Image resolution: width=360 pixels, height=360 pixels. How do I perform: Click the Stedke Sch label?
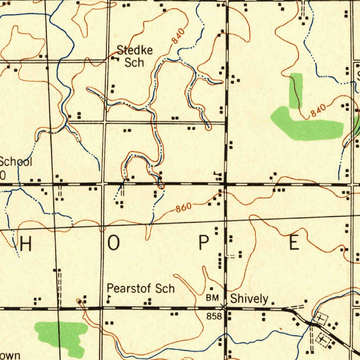[x=135, y=56]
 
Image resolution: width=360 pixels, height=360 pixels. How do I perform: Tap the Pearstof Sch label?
[x=141, y=289]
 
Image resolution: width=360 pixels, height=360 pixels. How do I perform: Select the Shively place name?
[x=249, y=299]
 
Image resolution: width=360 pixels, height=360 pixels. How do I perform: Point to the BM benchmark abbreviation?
[x=212, y=298]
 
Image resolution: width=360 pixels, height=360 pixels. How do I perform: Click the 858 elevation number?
[x=214, y=316]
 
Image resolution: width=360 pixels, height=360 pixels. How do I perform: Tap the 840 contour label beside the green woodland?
[x=318, y=111]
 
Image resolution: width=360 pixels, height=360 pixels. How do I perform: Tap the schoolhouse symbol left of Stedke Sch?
[x=115, y=58]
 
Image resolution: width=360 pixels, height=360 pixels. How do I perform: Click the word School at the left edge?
[x=16, y=162]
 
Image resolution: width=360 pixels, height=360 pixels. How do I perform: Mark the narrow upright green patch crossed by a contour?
[x=296, y=90]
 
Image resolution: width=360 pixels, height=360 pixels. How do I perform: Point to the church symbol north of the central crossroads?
[x=219, y=175]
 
